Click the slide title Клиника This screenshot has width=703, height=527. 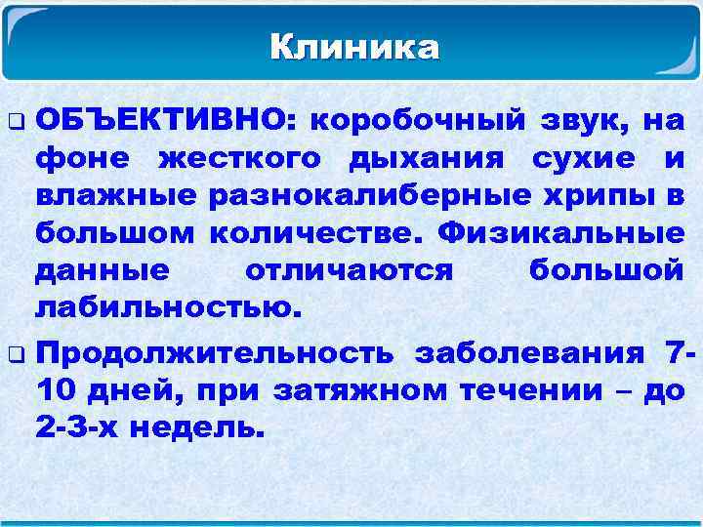pyautogui.click(x=353, y=46)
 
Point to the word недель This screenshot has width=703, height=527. pyautogui.click(x=205, y=427)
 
